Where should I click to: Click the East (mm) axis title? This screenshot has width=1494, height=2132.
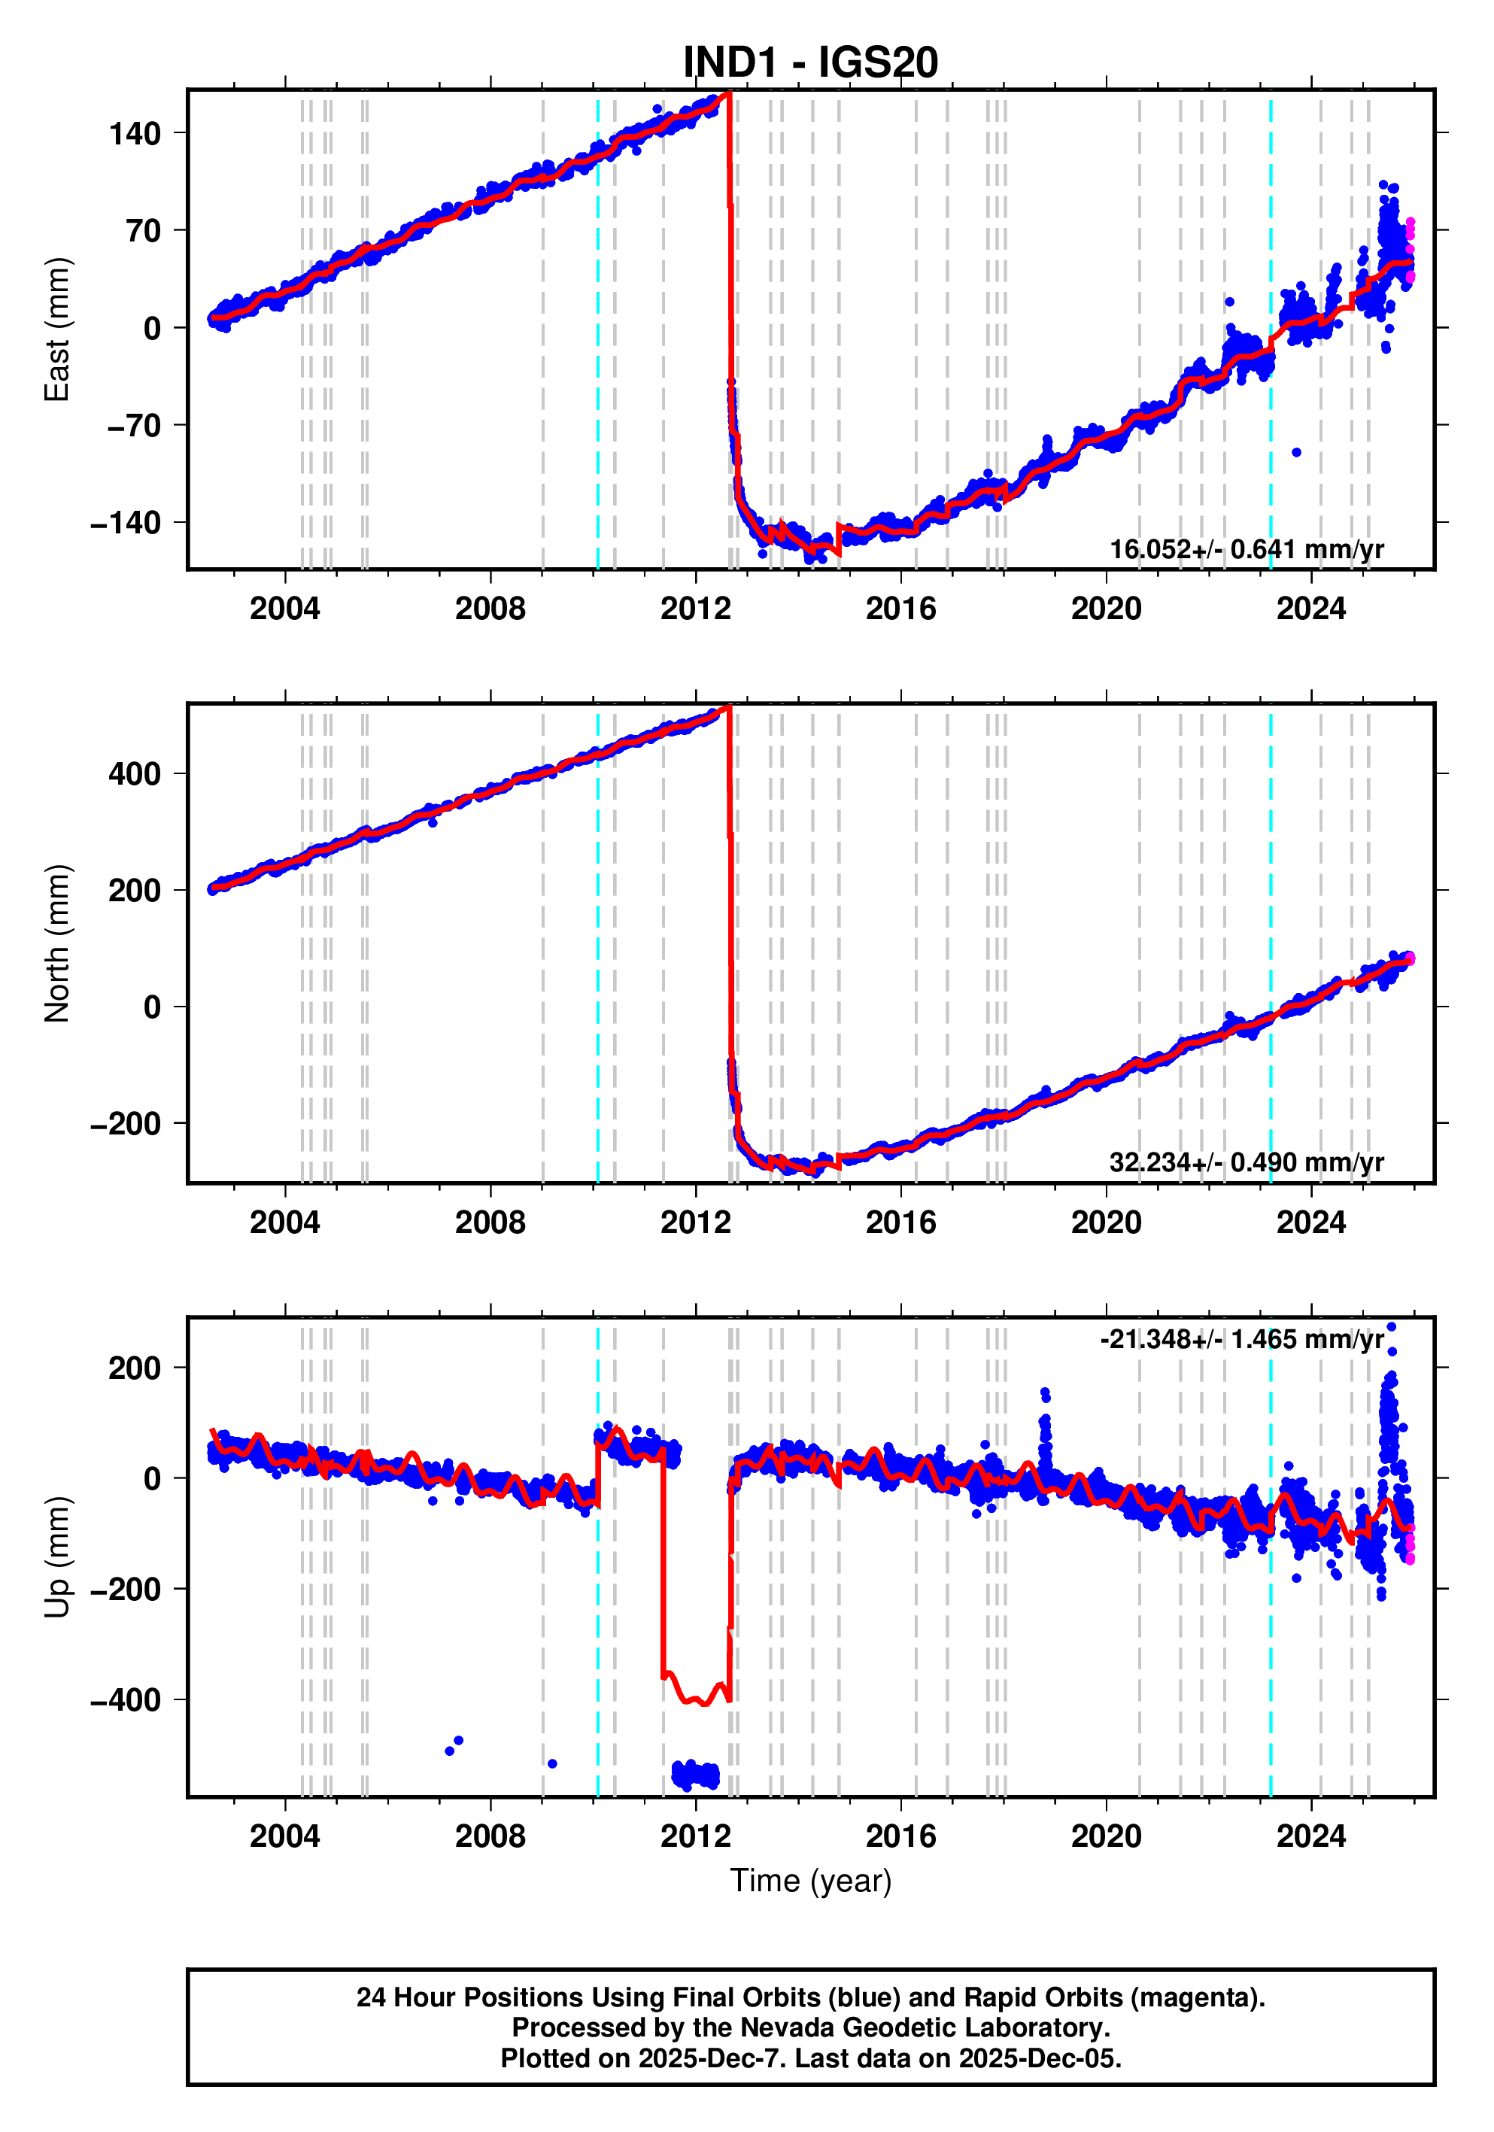coord(58,330)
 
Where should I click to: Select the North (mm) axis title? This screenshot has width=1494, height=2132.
coord(58,943)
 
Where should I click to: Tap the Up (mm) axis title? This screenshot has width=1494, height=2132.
coord(58,1557)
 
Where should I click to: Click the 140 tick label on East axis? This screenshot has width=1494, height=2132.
coord(135,134)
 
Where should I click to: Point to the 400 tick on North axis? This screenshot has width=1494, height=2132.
coord(135,773)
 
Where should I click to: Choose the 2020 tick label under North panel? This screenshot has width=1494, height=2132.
coord(1106,1222)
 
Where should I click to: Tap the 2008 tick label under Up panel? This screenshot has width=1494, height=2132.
coord(490,1836)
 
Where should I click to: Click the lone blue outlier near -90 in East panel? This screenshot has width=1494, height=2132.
coord(1296,452)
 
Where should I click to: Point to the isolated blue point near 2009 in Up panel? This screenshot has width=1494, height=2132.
coord(552,1763)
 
